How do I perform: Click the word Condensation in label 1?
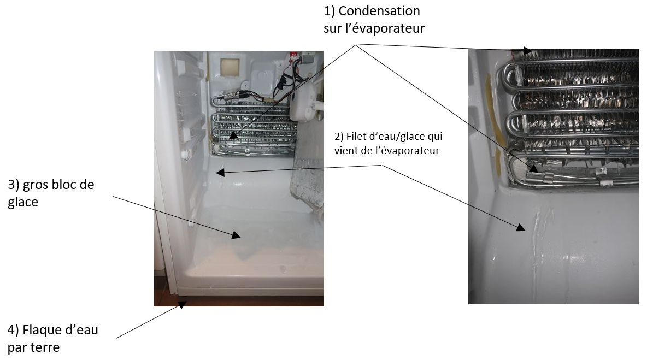(379, 11)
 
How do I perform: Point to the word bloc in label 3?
(67, 184)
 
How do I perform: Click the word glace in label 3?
(23, 203)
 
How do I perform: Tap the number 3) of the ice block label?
(14, 185)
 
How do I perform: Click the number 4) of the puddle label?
(13, 331)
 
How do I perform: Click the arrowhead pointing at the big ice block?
(236, 235)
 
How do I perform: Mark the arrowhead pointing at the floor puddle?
(182, 304)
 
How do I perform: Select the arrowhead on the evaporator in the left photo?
(233, 135)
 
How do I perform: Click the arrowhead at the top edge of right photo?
(528, 51)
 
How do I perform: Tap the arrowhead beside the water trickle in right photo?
(521, 227)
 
